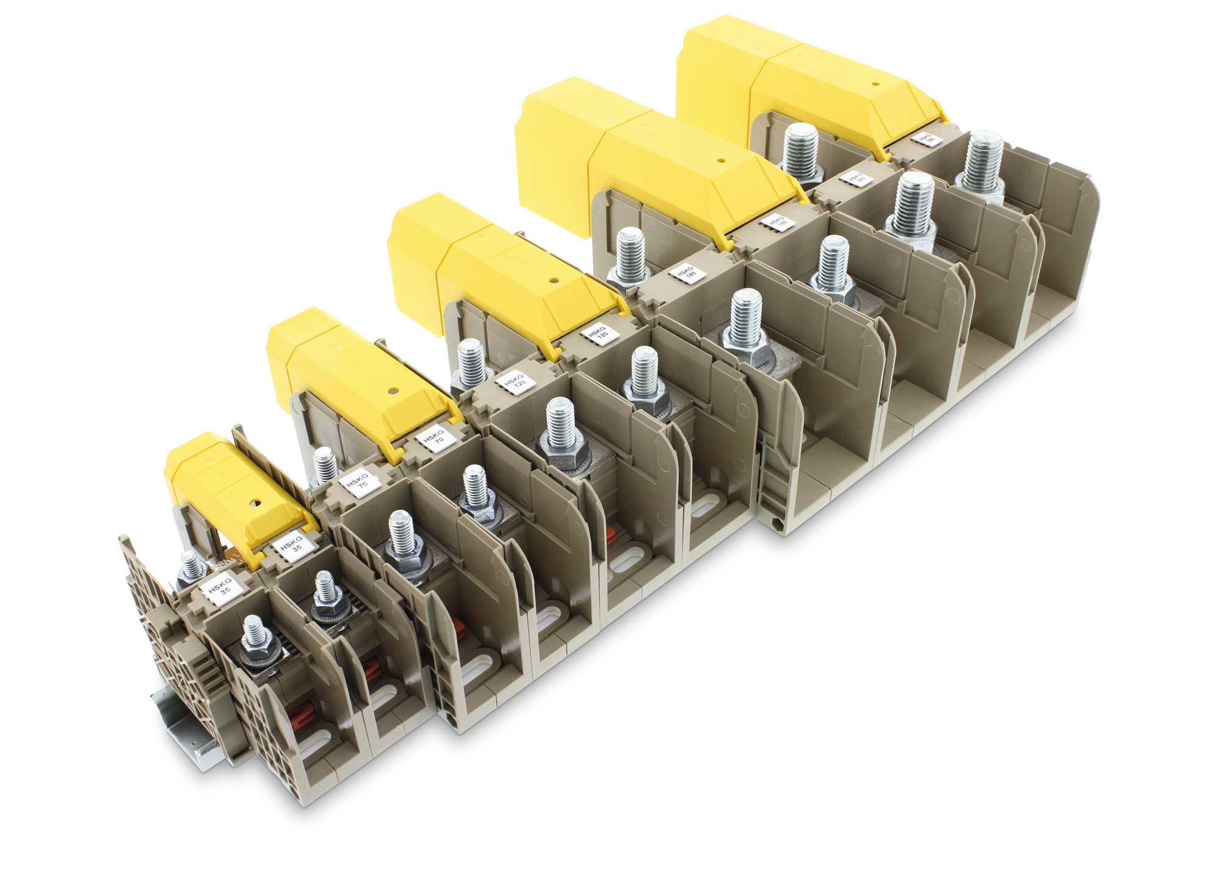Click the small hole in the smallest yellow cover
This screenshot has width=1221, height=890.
click(255, 504)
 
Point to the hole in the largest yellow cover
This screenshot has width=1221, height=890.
click(875, 84)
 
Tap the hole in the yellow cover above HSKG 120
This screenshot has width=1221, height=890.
click(553, 281)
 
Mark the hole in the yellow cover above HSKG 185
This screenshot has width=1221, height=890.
click(721, 161)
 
